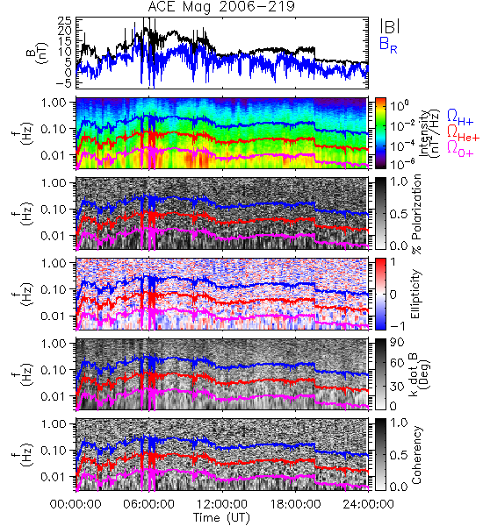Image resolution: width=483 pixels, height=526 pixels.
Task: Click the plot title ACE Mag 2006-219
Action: [221, 6]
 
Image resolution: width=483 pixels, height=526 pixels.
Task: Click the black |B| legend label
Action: [390, 25]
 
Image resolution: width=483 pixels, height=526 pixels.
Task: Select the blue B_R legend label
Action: [388, 46]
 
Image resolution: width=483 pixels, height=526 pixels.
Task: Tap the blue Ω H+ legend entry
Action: [460, 117]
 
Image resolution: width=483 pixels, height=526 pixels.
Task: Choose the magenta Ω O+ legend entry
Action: [460, 148]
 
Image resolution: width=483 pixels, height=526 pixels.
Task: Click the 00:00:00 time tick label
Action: [76, 504]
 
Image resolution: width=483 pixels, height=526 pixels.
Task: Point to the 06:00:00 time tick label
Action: [148, 504]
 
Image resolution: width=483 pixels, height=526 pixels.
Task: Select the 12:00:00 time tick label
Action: [222, 504]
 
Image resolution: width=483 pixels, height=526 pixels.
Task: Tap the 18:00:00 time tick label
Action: [295, 504]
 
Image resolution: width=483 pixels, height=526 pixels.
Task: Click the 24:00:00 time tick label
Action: [368, 504]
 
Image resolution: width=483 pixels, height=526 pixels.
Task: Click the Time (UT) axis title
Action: [221, 517]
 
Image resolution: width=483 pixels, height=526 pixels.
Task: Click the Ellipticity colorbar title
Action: [415, 295]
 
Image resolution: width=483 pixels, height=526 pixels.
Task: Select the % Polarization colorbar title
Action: [415, 214]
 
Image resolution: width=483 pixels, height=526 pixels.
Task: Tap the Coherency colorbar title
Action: [415, 455]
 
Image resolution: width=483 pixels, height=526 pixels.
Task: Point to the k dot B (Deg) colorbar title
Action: [419, 374]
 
